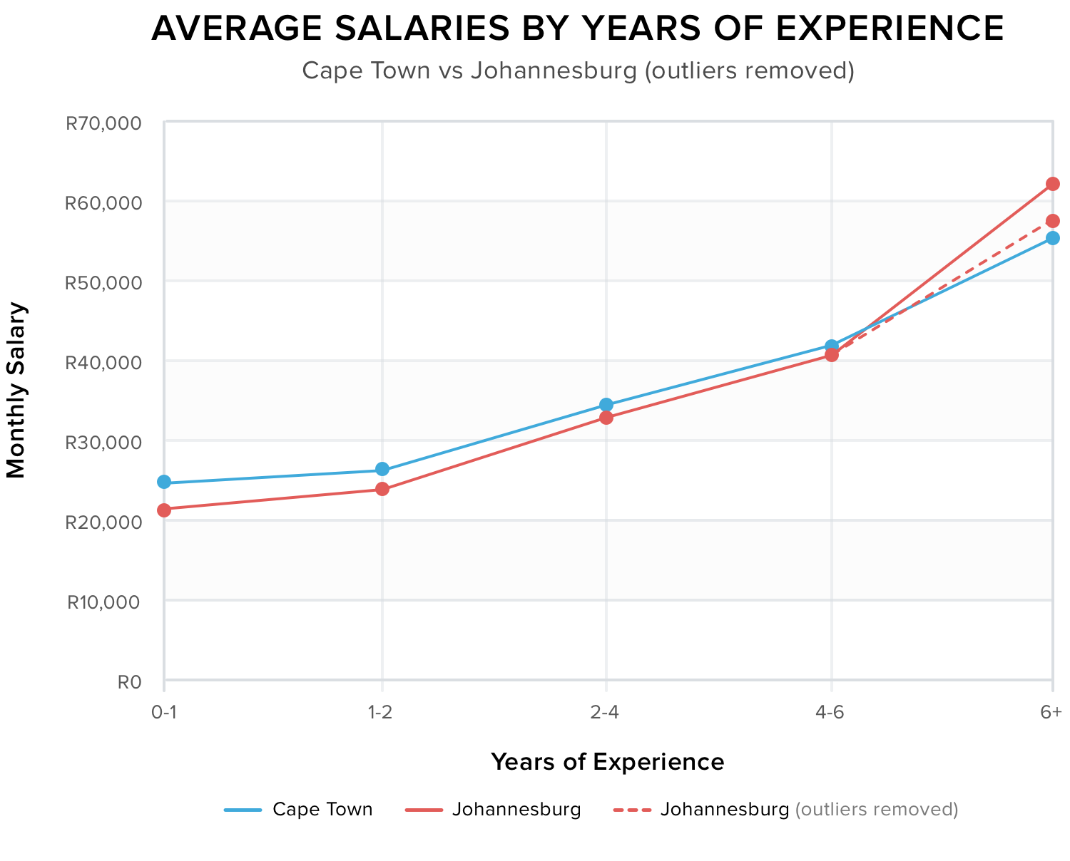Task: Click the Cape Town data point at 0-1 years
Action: click(164, 483)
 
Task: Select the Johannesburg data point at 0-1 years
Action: click(164, 510)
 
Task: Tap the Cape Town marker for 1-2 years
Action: click(382, 470)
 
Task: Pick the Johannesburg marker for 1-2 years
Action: click(382, 489)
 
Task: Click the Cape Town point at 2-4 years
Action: click(606, 405)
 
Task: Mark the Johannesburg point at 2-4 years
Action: click(606, 418)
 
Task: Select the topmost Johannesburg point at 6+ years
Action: click(1052, 184)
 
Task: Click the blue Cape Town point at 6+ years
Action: click(1052, 238)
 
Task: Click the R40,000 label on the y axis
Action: click(103, 363)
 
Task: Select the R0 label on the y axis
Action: click(129, 682)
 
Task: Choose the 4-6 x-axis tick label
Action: click(831, 713)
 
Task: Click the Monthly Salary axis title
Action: click(16, 390)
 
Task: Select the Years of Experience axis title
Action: click(607, 762)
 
